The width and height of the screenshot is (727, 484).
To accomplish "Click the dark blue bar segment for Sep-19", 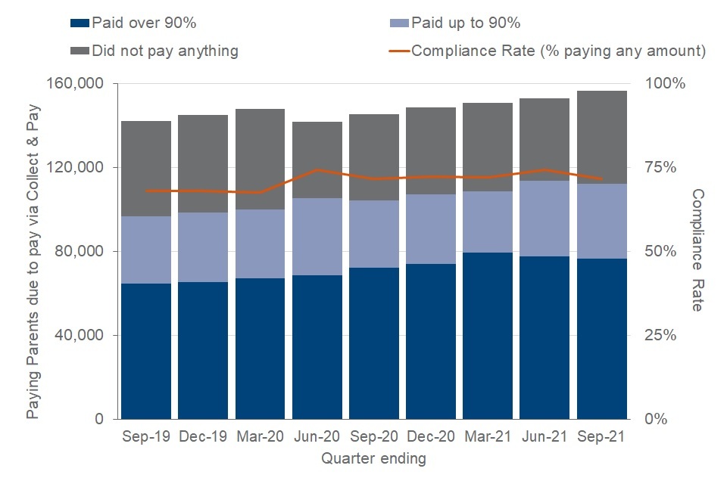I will (x=146, y=351).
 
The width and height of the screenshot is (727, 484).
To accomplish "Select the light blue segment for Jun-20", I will (x=317, y=237).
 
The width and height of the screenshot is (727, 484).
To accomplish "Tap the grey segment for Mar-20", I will (x=261, y=159).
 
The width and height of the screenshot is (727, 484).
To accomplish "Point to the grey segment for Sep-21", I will (x=602, y=137).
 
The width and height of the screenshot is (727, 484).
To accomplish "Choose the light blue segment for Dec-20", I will (x=431, y=229).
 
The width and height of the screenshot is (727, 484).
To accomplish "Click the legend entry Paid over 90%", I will (x=136, y=23).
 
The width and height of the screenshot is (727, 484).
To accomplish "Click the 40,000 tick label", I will (x=80, y=335).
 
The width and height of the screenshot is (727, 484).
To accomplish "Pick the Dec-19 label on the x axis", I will (x=203, y=438).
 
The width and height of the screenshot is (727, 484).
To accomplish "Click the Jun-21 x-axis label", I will (x=545, y=438).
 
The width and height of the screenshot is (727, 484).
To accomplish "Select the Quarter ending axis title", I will (x=373, y=458).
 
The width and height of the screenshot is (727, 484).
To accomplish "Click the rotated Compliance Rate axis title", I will (x=697, y=250).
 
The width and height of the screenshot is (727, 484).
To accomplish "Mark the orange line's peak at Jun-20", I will (x=317, y=169).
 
